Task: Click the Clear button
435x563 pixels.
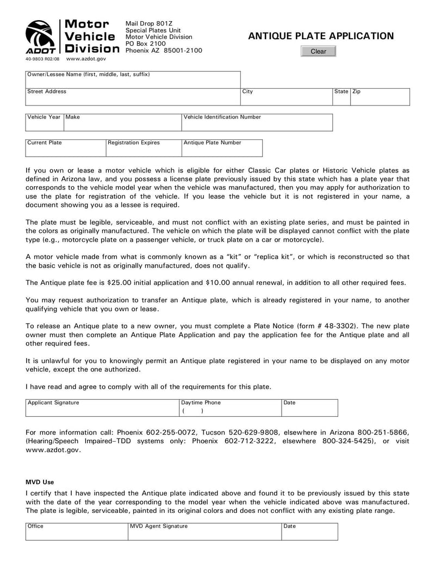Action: coord(318,51)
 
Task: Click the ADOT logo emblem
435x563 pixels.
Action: coord(40,36)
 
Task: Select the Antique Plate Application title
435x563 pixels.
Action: coord(321,36)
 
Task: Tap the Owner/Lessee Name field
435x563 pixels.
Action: coord(133,82)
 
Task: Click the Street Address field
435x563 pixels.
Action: coord(133,99)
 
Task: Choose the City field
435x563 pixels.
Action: coord(286,99)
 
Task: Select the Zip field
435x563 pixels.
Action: coord(380,99)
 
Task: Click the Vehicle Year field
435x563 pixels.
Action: coord(45,125)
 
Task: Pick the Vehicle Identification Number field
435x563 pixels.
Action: coord(257,125)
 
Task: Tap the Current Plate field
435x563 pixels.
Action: coord(66,150)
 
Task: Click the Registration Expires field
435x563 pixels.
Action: coord(144,150)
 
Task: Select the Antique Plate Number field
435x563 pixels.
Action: coord(221,150)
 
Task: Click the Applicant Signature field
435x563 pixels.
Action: coord(102,410)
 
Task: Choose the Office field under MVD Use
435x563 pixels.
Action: coord(77,534)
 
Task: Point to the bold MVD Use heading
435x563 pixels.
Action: coord(40,482)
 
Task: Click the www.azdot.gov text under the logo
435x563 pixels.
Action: coord(86,58)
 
